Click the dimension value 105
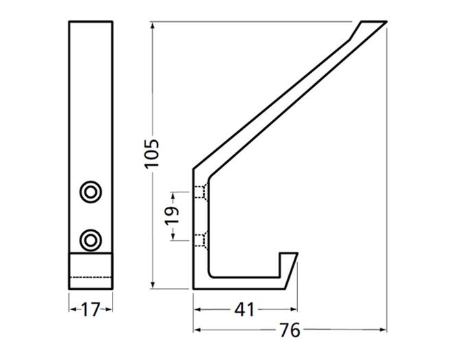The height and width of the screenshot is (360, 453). tap(152, 153)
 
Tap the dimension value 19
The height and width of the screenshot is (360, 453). tap(172, 216)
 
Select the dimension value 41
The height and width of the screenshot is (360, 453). tap(244, 310)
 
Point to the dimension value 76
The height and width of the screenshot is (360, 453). tap(290, 330)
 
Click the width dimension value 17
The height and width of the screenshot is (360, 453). tap(91, 310)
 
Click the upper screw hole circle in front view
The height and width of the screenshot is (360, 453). tap(91, 192)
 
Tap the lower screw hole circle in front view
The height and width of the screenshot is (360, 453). tap(91, 240)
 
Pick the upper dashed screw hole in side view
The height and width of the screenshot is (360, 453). tap(201, 192)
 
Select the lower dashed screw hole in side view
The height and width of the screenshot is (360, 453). tap(201, 240)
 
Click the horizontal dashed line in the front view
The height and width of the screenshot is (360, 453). tap(91, 278)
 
